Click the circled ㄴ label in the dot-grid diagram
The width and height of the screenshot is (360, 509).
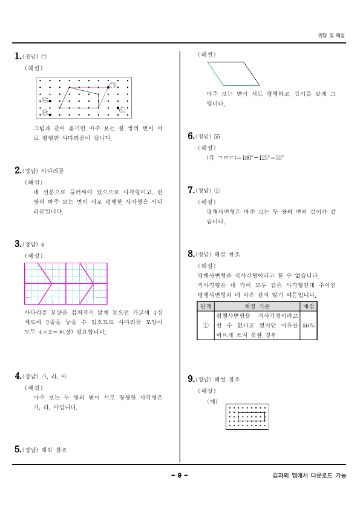[x=122, y=110]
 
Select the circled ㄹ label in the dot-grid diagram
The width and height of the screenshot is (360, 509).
[x=44, y=113]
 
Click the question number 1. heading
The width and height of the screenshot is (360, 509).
[x=18, y=56]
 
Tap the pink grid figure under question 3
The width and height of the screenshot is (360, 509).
[x=66, y=283]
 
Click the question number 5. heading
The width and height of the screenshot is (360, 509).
[x=18, y=450]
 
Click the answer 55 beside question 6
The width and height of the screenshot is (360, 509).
[x=217, y=136]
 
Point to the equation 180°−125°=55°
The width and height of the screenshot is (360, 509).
[x=254, y=157]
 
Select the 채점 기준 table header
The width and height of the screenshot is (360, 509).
[x=257, y=306]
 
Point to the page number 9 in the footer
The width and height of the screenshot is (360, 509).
[x=180, y=475]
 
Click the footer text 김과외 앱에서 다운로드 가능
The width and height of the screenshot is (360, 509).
[x=310, y=475]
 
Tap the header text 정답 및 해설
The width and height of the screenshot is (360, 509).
[x=331, y=35]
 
